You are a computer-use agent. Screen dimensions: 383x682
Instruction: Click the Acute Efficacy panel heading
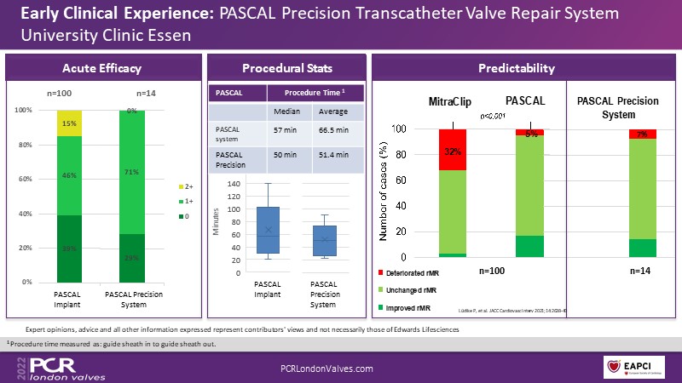[102, 68]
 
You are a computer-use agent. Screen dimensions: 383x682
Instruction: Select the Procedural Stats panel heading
[287, 68]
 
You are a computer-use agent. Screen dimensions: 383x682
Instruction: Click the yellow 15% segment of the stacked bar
[70, 123]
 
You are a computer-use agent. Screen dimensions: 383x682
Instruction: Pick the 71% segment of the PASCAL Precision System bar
[132, 172]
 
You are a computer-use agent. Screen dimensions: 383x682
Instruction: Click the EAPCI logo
[634, 368]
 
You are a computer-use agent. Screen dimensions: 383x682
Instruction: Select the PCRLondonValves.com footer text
[327, 368]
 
